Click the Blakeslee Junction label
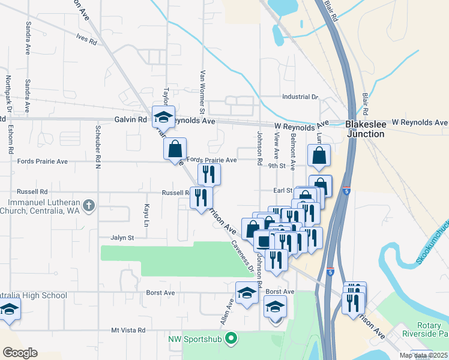coord(364,130)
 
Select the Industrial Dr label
coord(300,97)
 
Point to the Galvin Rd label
coord(131,120)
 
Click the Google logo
coord(20,352)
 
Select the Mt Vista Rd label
coord(128,331)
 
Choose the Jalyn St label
coord(122,238)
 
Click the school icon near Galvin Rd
coord(163,116)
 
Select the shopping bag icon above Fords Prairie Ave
coord(175,148)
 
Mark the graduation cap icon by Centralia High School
coord(9,310)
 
